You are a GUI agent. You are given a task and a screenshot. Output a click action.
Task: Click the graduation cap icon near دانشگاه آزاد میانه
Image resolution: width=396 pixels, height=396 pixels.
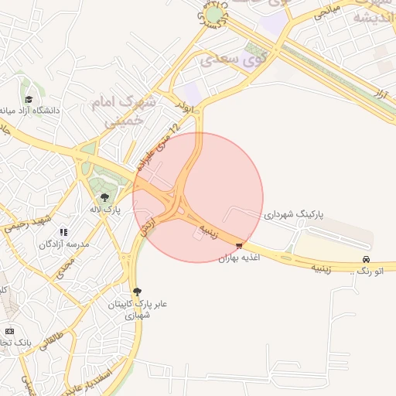tap(29, 100)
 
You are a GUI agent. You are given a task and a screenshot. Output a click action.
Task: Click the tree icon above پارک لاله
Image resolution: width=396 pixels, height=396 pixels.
tap(105, 197)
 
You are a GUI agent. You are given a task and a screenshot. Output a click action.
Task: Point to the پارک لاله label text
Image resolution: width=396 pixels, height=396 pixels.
tap(105, 209)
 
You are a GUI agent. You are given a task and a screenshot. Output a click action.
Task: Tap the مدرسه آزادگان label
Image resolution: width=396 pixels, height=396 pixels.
tap(64, 244)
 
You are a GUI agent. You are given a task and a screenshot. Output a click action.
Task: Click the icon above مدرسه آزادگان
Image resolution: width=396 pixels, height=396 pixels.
tap(63, 232)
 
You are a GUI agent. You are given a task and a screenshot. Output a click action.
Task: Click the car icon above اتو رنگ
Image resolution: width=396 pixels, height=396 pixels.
tap(366, 259)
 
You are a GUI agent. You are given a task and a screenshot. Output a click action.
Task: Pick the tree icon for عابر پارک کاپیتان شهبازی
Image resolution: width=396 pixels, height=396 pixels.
tap(137, 292)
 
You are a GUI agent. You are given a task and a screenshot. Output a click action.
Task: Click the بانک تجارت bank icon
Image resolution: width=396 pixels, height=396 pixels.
tap(9, 330)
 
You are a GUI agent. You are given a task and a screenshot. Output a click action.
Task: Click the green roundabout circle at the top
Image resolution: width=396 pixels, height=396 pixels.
tap(213, 15)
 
